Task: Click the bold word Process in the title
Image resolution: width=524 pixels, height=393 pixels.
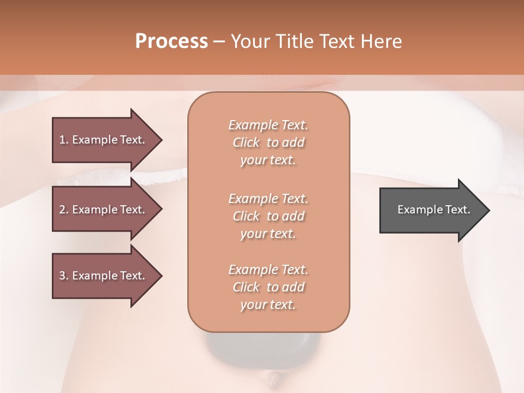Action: click(171, 41)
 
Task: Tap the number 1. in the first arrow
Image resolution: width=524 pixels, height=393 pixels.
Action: click(64, 140)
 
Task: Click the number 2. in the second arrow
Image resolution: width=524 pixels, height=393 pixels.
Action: click(64, 210)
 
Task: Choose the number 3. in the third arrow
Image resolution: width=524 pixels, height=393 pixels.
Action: click(64, 276)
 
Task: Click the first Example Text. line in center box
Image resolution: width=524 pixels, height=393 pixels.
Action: click(268, 125)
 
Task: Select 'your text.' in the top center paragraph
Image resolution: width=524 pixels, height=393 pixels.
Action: click(268, 160)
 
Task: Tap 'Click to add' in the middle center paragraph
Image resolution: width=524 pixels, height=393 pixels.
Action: click(268, 216)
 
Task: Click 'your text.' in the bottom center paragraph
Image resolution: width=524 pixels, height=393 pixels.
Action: click(268, 305)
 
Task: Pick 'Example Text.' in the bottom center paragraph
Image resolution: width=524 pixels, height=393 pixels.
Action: click(268, 270)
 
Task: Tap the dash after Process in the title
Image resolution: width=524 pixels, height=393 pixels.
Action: click(219, 41)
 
